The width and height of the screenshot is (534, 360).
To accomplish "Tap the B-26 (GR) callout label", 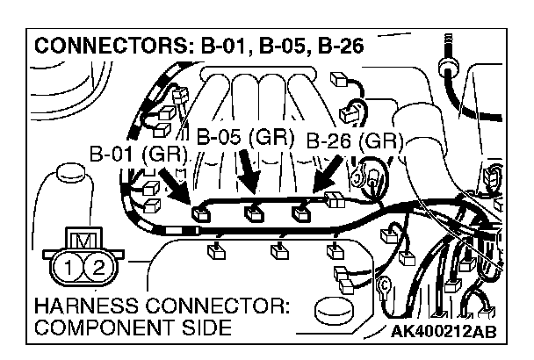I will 354,140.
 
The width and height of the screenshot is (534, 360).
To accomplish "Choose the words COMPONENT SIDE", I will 132,328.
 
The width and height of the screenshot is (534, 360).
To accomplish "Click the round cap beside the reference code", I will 339,310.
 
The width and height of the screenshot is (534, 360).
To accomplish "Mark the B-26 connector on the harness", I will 303,212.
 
